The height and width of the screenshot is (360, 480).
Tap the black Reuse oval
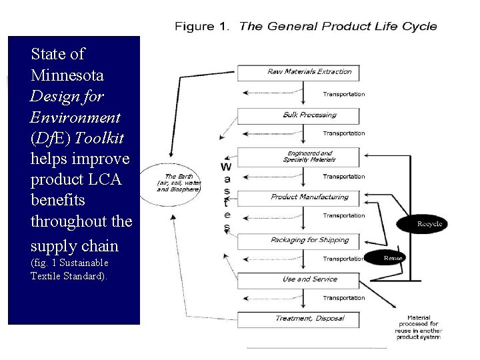tap(393, 257)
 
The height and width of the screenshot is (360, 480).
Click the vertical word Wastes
tap(226, 196)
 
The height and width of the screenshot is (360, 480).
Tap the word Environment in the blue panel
tap(75, 117)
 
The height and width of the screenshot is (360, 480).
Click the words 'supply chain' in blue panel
tap(74, 245)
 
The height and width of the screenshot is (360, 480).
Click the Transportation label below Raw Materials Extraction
tap(344, 94)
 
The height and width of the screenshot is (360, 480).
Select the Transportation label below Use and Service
tap(344, 298)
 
